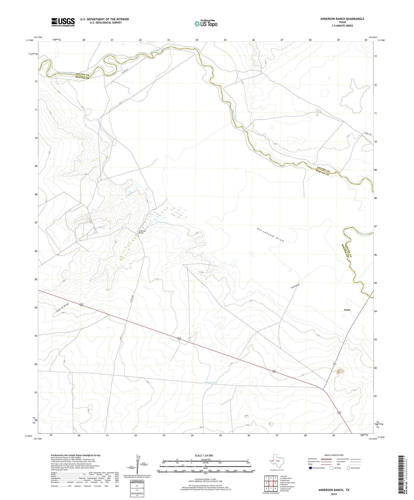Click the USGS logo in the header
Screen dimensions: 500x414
pyautogui.click(x=63, y=22)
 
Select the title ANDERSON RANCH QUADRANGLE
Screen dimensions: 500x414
pyautogui.click(x=342, y=19)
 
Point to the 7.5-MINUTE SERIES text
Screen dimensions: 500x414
pyautogui.click(x=342, y=26)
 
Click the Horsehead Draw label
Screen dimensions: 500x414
pyautogui.click(x=270, y=235)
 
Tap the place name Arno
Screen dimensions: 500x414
pyautogui.click(x=347, y=310)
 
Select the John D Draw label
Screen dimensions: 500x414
pyautogui.click(x=62, y=308)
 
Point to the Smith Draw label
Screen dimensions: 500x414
pyautogui.click(x=295, y=286)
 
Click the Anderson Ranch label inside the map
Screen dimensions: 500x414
pyautogui.click(x=141, y=232)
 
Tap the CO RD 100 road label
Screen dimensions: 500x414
pyautogui.click(x=368, y=133)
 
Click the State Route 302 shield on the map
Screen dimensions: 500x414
pyautogui.click(x=335, y=363)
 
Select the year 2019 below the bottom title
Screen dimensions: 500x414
pyautogui.click(x=333, y=494)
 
